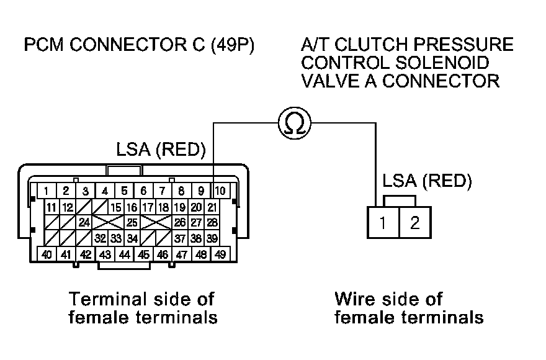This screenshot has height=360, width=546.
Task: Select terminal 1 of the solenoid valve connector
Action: tap(384, 222)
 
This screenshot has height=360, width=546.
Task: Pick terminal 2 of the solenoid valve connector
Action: tap(414, 222)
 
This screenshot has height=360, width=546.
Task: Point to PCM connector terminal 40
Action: tap(46, 254)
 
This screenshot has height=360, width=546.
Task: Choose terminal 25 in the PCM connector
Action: tap(132, 222)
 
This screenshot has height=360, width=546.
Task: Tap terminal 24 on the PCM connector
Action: tap(84, 222)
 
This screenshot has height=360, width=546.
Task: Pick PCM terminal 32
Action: tap(101, 238)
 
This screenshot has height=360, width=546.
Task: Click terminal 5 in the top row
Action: tap(124, 191)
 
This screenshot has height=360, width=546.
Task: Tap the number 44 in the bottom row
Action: tap(124, 254)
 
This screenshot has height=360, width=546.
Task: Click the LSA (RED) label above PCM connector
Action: tap(161, 150)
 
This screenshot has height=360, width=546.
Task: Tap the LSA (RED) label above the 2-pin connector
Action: tap(427, 181)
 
